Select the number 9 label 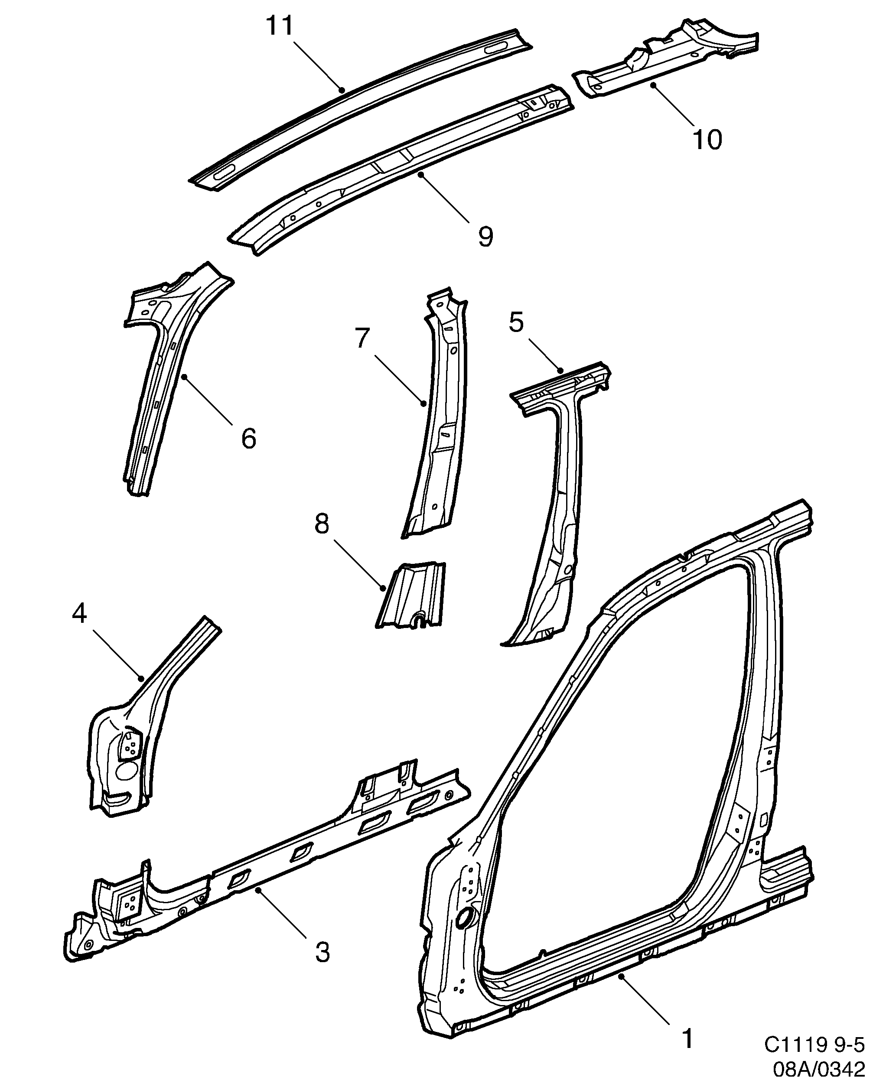coord(485,236)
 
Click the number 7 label coord(362,338)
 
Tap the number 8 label coord(322,524)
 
